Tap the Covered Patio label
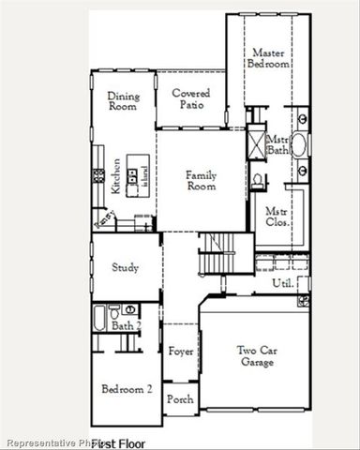[x=190, y=99]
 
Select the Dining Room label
[x=123, y=101]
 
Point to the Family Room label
[x=202, y=180]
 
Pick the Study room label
[x=126, y=267]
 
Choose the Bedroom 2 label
[x=127, y=388]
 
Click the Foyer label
[x=181, y=352]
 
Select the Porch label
[x=180, y=399]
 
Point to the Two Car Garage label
[x=256, y=356]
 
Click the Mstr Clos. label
[x=276, y=217]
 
